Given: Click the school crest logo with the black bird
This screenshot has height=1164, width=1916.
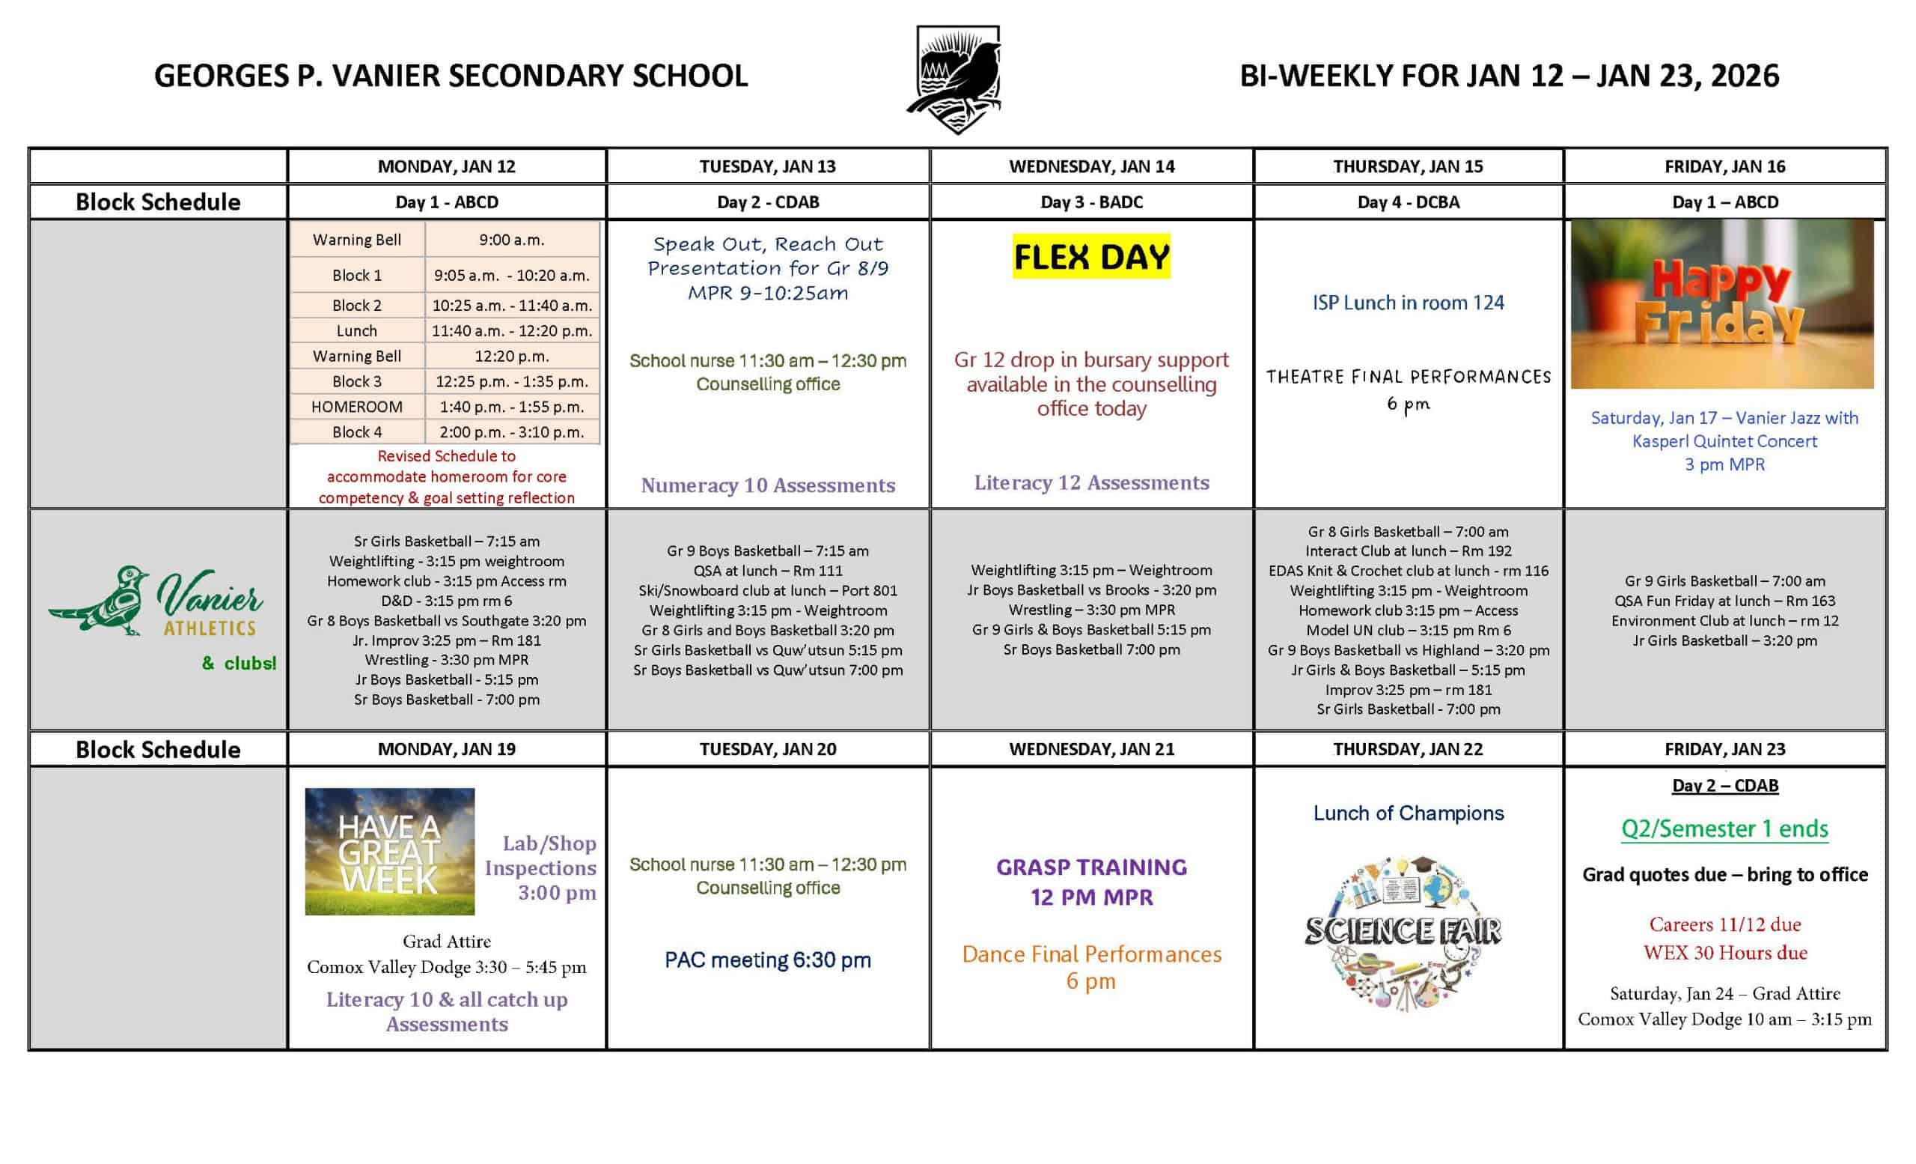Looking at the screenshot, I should click(957, 79).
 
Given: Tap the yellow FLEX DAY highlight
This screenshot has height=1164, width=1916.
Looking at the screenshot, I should click(1091, 257).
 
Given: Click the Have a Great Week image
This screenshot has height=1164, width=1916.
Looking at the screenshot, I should click(390, 851).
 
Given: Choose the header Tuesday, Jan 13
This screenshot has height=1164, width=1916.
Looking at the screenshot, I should click(766, 166).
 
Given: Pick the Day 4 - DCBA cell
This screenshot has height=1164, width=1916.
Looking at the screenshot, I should click(1409, 202).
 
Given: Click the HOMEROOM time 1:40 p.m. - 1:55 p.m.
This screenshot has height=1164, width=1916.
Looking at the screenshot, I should click(512, 407).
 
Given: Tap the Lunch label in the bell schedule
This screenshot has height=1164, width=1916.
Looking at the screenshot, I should click(357, 330).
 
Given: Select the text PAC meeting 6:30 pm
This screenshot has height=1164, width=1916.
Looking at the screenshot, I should click(767, 960).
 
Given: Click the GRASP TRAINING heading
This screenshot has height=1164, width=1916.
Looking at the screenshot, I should click(1091, 867).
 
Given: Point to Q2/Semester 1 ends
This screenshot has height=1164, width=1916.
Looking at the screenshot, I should click(1724, 828).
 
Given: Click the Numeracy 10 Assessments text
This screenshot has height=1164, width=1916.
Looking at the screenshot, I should click(767, 485).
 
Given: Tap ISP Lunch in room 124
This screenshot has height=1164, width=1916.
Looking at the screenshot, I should click(1409, 303).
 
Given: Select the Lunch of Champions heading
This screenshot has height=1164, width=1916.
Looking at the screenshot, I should click(1409, 813).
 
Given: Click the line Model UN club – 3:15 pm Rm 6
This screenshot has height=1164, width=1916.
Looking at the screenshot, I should click(1409, 630).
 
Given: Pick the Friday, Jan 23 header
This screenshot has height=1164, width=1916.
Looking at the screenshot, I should click(1724, 749).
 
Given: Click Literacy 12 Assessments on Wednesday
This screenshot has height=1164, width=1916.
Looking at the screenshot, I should click(1091, 483).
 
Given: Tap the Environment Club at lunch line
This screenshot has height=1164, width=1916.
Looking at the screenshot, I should click(1724, 621).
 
